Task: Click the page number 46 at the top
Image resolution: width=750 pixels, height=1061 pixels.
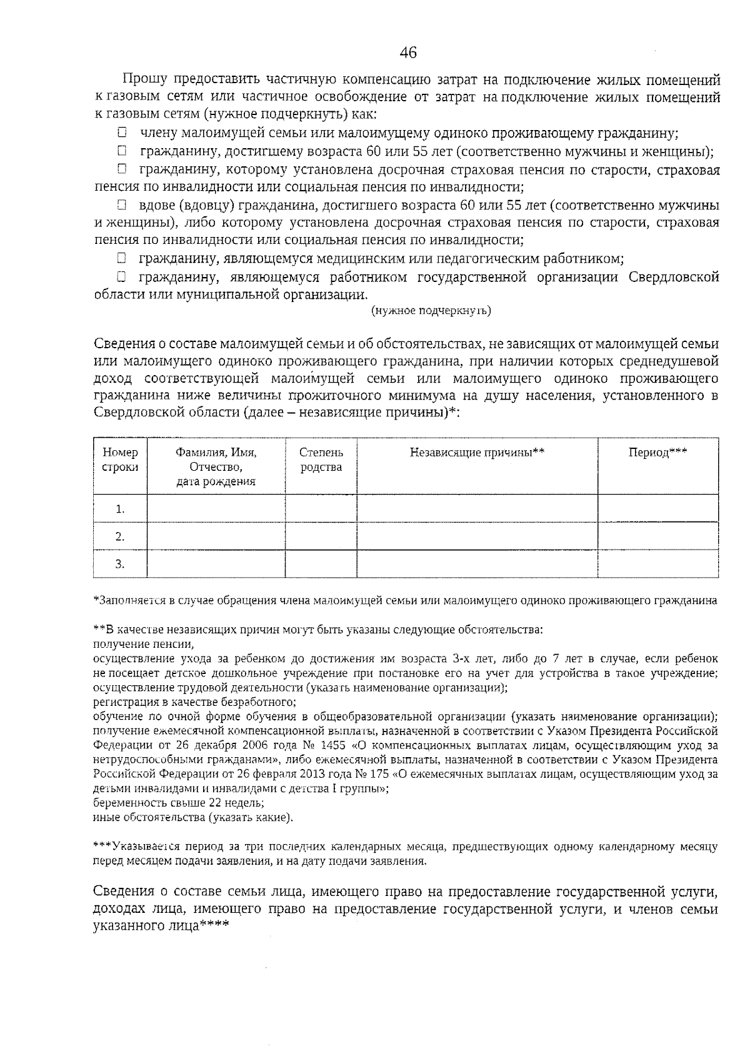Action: point(407,53)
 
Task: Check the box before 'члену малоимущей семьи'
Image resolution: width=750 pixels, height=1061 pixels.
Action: point(122,133)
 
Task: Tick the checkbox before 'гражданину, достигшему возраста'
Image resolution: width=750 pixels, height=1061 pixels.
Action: point(122,151)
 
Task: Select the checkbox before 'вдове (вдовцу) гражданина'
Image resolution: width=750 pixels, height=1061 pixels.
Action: point(122,205)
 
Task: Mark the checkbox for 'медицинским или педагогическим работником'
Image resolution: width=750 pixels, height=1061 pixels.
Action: point(122,258)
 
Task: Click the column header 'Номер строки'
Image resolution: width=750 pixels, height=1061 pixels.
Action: point(120,460)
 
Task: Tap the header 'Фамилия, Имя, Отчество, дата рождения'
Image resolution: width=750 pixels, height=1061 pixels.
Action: point(216,466)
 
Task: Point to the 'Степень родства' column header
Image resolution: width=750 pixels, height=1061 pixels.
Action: point(321,460)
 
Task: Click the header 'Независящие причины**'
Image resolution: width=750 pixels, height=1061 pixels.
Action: point(477,453)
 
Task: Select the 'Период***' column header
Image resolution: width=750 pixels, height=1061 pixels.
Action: point(657,453)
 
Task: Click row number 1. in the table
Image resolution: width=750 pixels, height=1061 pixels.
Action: point(120,509)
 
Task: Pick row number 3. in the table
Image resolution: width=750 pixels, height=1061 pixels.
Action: point(120,564)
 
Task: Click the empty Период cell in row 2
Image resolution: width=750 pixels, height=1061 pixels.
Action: point(657,536)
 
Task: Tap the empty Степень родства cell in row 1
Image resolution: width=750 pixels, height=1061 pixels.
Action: point(321,508)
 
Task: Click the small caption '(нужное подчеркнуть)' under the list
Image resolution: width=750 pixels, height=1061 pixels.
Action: point(431,311)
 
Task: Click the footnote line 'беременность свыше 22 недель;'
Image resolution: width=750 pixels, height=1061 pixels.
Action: point(178,803)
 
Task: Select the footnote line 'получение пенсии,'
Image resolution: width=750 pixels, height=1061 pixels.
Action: point(143,644)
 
